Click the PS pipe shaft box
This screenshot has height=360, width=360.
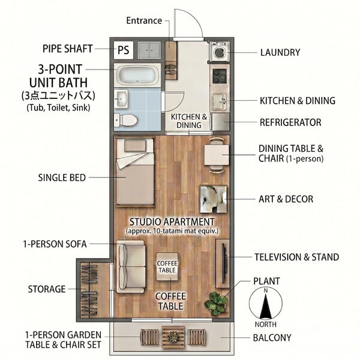tap(124, 50)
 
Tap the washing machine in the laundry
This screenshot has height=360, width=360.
tap(220, 52)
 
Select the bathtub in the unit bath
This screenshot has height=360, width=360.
tap(137, 75)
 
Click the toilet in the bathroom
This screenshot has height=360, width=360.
tap(125, 120)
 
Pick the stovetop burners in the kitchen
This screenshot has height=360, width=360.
tap(220, 76)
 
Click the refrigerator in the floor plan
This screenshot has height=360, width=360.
tap(220, 122)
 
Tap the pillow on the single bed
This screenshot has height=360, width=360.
tap(135, 146)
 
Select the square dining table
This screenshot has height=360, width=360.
tap(217, 155)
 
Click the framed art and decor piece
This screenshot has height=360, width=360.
tap(214, 199)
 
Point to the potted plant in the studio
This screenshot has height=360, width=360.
tap(216, 303)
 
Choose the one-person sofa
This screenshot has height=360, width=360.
tap(131, 267)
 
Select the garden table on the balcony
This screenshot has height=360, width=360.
tap(173, 337)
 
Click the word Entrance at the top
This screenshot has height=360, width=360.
tap(144, 20)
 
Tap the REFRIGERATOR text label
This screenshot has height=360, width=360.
tap(290, 122)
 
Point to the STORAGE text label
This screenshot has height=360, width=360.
tap(47, 289)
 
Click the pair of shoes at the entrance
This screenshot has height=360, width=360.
tap(171, 69)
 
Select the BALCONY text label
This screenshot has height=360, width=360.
tap(272, 338)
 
